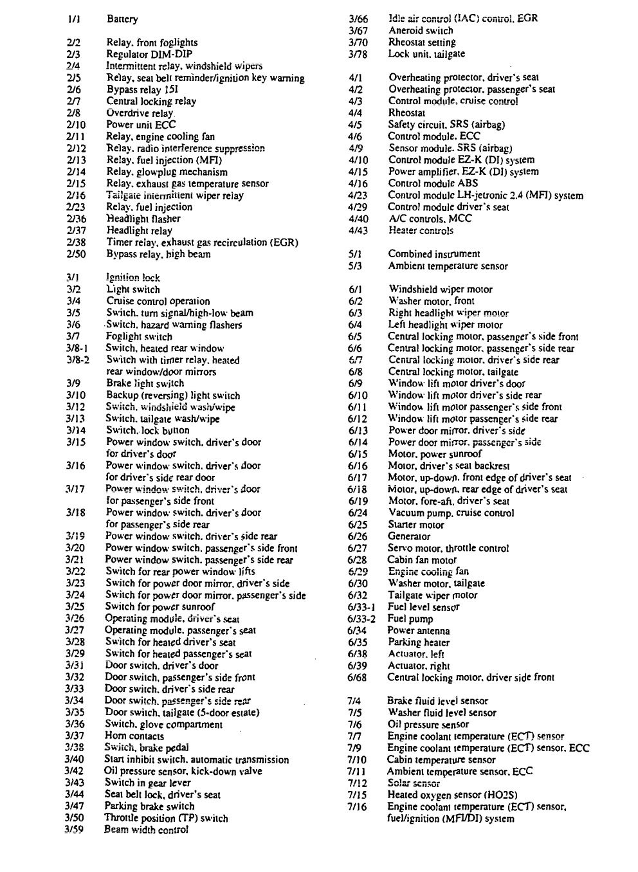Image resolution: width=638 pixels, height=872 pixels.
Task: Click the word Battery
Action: (122, 19)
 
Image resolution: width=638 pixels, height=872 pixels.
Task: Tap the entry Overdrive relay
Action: (140, 113)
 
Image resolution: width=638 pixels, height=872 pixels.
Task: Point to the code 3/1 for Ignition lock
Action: (73, 278)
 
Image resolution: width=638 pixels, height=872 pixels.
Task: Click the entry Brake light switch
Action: (145, 383)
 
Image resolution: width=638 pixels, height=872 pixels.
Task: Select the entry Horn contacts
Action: (134, 736)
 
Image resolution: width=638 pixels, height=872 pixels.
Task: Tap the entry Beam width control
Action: (146, 830)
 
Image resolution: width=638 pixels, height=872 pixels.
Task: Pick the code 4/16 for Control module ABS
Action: (358, 183)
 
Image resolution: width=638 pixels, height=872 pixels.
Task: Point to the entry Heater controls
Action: (421, 230)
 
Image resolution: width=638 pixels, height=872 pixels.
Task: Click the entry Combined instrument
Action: (434, 254)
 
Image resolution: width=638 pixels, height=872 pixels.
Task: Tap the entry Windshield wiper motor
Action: (441, 289)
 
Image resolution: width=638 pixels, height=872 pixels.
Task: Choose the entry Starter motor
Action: (416, 525)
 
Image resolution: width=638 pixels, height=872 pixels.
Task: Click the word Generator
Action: (409, 536)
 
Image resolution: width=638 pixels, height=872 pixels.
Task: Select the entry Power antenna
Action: (419, 631)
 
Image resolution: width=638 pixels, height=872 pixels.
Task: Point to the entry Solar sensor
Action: (414, 783)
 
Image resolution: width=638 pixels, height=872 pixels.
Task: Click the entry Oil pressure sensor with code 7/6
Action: (428, 725)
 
